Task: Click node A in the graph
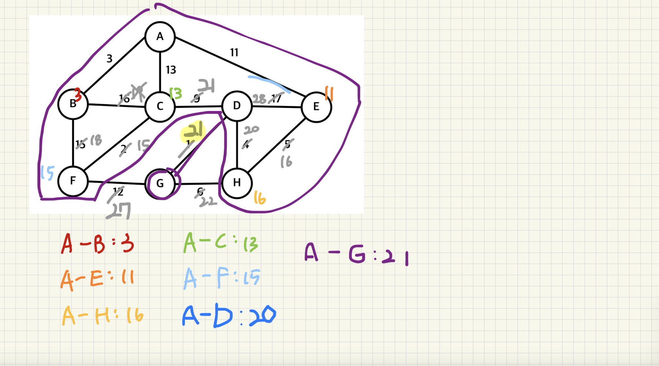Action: click(160, 37)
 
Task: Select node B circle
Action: click(73, 104)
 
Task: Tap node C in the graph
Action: click(160, 106)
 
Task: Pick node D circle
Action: click(237, 106)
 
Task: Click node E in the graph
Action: click(316, 107)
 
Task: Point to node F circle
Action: click(73, 181)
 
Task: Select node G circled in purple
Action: click(160, 183)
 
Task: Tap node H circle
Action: click(237, 182)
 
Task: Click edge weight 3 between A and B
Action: click(110, 59)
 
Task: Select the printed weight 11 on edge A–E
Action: click(234, 52)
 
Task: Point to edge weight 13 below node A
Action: click(171, 70)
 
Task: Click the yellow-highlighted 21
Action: click(193, 131)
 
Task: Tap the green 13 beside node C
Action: click(176, 94)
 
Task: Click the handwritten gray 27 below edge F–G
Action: click(119, 211)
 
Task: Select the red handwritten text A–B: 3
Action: click(97, 243)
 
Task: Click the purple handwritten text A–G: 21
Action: click(356, 254)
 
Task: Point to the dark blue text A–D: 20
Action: click(229, 316)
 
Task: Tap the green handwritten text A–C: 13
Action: click(221, 243)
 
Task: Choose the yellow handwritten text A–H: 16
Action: click(103, 315)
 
